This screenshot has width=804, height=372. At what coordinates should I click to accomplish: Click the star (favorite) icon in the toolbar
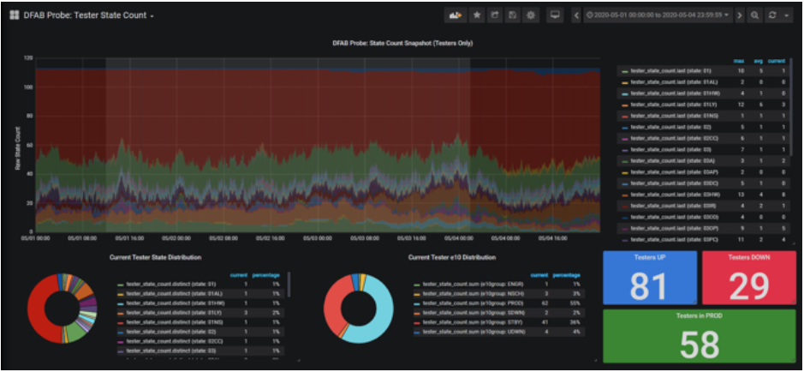click(x=477, y=15)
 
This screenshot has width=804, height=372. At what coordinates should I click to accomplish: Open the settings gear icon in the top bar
click(x=531, y=15)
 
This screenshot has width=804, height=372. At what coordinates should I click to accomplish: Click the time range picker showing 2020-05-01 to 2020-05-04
click(x=657, y=15)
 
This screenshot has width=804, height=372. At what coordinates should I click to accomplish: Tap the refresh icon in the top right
click(x=773, y=15)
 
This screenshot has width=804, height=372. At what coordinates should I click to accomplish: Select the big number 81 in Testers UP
click(x=648, y=286)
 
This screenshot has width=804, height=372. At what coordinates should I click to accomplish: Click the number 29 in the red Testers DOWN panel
click(x=748, y=286)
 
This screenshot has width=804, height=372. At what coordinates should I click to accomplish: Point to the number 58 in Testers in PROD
click(x=698, y=345)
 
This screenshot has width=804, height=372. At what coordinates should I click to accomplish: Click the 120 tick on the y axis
click(x=27, y=58)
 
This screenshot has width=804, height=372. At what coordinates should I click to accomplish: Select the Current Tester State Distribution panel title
click(x=155, y=256)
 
